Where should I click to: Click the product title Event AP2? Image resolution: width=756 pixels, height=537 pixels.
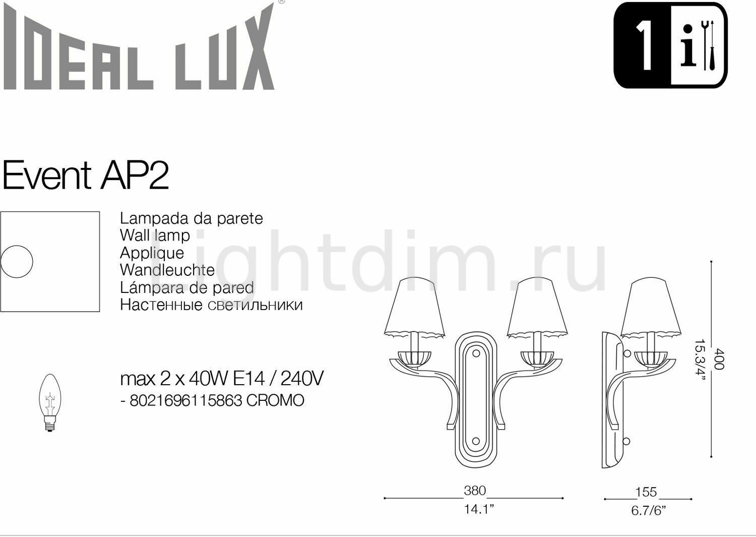click(86, 175)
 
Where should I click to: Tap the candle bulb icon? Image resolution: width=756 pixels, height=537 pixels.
click(50, 402)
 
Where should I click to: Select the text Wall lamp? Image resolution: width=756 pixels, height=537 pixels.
click(155, 236)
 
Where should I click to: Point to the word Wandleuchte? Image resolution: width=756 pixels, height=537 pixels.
click(167, 270)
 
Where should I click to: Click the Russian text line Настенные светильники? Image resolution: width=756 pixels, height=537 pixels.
click(211, 305)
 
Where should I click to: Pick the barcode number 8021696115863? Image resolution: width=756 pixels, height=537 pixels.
click(186, 400)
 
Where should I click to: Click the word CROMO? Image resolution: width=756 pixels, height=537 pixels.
click(275, 400)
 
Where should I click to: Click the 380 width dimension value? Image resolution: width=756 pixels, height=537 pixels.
click(475, 491)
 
